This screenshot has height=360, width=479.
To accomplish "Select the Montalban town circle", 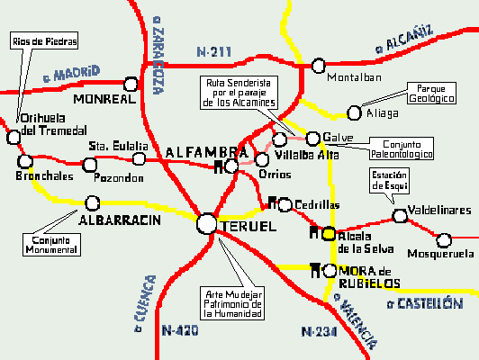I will click(x=318, y=65).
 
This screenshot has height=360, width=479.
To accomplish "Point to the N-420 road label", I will click(x=180, y=331).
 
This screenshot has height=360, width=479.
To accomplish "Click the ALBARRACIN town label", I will click(x=120, y=220).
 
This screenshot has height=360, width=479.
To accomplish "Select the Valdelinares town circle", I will click(x=400, y=215).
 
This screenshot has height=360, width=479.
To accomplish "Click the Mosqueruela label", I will click(x=438, y=254).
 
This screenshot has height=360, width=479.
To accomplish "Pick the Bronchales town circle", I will click(x=23, y=162).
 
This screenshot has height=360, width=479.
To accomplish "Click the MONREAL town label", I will click(x=103, y=99).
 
